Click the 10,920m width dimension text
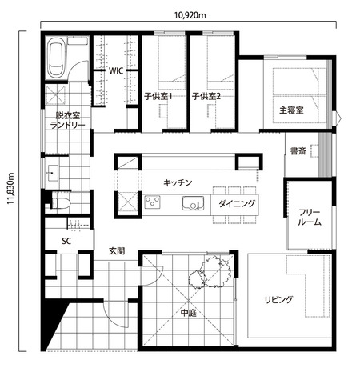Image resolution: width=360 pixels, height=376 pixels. point(190,15)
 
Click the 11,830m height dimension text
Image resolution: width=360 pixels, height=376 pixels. point(10,188)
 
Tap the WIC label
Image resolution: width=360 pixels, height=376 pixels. point(116,70)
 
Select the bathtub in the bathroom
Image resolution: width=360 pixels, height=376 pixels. point(56,58)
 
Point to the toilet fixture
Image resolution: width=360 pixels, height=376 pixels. point(60,203)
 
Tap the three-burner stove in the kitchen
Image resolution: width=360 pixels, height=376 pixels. point(152,202)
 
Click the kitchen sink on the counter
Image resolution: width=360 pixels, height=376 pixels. point(193,203)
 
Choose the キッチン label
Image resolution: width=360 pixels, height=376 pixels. point(178,183)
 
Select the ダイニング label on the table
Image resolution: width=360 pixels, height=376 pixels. point(237,204)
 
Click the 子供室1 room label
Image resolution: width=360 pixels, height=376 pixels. point(158,96)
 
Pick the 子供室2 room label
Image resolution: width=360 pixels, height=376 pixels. point(206,96)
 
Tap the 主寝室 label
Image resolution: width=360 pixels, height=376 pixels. point(291,110)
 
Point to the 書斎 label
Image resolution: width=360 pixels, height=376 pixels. point(298,151)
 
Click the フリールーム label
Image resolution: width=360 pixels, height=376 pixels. point(310,218)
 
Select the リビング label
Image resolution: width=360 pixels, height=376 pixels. point(278,300)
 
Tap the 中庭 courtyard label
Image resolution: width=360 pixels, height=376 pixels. point(188,313)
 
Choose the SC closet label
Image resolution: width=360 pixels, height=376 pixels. point(66,241)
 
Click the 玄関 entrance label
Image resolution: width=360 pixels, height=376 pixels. point(117,251)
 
